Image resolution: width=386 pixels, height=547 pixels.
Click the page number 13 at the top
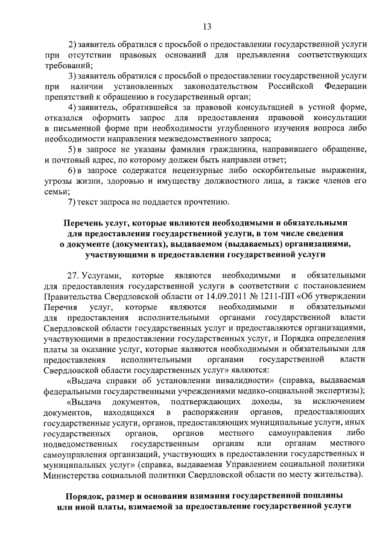pos(206,26)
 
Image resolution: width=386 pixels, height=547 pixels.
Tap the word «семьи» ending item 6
pos(56,190)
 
